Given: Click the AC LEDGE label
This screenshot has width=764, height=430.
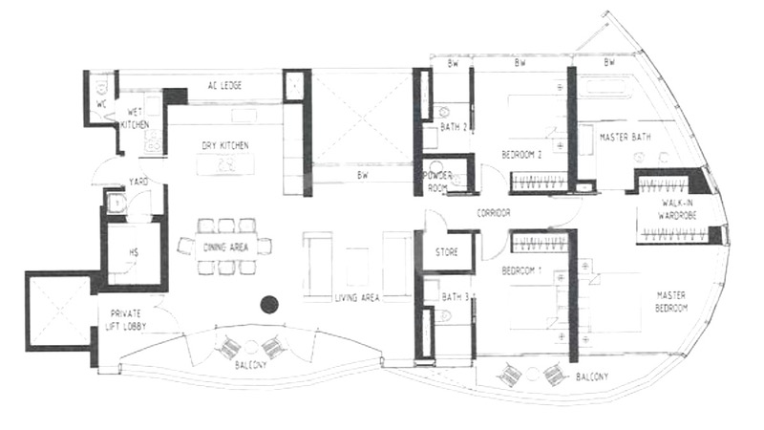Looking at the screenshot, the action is [x=224, y=86].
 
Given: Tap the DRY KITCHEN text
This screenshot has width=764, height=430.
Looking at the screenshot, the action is [x=225, y=146].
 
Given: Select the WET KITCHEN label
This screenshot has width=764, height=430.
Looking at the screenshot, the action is [x=135, y=118].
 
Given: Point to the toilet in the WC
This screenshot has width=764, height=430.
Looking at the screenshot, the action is [x=101, y=87].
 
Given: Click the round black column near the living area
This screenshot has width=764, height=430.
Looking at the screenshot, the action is [x=269, y=305].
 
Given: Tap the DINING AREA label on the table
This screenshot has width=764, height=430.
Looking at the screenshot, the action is [x=225, y=247].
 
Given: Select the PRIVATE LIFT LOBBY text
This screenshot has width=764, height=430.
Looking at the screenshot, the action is [x=126, y=320].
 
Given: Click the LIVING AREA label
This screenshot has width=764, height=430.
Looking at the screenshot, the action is [x=357, y=298].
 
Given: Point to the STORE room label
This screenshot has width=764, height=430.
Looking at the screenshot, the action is [x=447, y=252].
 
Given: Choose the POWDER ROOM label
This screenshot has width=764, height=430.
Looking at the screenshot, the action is [x=439, y=182].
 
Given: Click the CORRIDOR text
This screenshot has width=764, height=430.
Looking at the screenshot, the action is [x=494, y=213].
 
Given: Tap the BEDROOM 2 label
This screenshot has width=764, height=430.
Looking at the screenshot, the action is [x=521, y=155].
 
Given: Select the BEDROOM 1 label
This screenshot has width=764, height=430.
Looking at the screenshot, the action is [x=521, y=270].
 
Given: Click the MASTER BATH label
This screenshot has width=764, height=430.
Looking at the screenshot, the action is [x=626, y=138].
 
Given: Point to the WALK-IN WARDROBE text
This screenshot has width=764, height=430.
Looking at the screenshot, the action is [x=677, y=208].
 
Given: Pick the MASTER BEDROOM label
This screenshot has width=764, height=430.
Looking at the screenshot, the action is [x=671, y=302].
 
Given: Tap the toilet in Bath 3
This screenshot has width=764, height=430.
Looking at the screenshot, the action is [x=444, y=316].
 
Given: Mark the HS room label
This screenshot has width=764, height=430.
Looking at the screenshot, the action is [x=134, y=252].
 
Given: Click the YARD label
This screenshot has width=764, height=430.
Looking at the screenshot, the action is [x=138, y=182].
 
